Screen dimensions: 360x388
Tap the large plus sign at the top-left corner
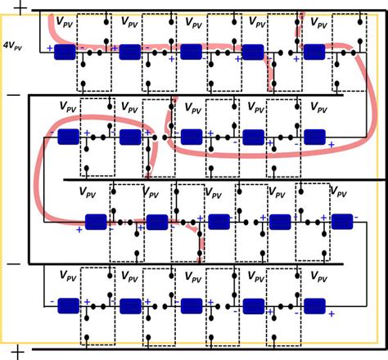[18, 9]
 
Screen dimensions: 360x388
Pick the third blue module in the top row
[192, 52]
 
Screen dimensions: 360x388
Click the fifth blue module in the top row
[316, 52]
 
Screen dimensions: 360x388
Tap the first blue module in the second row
[67, 137]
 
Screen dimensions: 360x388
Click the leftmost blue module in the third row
[97, 222]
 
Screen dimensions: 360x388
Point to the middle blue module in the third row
[218, 222]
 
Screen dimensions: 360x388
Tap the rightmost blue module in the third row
[341, 221]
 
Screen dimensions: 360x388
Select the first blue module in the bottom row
[67, 306]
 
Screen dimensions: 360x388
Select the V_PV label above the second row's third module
[193, 107]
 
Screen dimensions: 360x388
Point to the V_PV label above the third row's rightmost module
[341, 191]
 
